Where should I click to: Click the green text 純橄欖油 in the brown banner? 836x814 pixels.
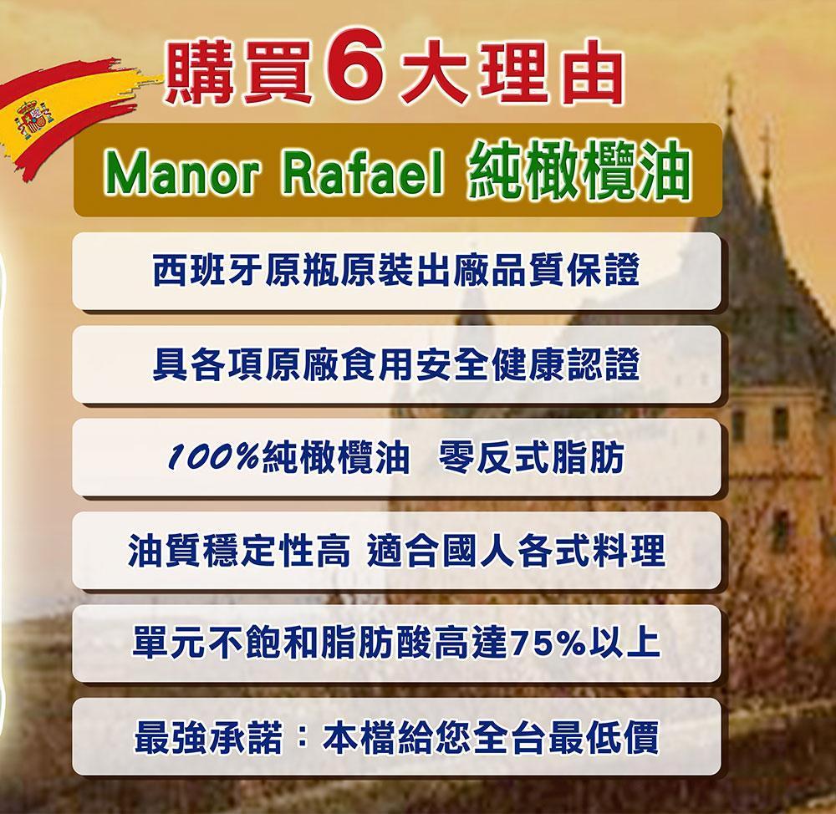click(579, 170)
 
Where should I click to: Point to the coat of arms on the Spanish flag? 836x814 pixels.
click(33, 120)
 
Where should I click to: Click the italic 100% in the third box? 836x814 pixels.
click(215, 458)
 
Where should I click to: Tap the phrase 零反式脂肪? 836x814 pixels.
click(531, 457)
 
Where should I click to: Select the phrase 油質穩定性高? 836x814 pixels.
click(239, 550)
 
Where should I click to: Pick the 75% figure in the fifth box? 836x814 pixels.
click(546, 644)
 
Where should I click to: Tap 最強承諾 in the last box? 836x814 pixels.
click(208, 737)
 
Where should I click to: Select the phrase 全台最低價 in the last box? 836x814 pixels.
click(566, 737)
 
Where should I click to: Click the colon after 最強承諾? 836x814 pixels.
click(302, 737)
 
